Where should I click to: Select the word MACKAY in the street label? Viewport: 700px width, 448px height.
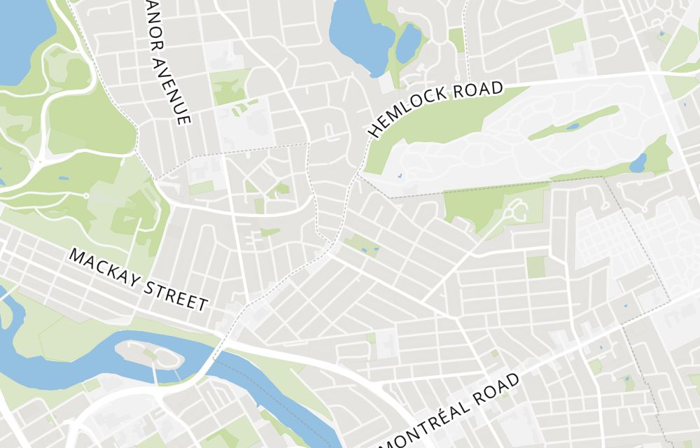tap(106, 270)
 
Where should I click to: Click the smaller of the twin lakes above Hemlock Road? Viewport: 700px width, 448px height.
tap(409, 43)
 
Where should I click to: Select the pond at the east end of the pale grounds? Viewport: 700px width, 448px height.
tap(638, 164)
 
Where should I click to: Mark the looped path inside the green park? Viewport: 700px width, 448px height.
tap(514, 210)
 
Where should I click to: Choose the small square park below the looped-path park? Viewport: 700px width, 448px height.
tap(536, 267)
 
